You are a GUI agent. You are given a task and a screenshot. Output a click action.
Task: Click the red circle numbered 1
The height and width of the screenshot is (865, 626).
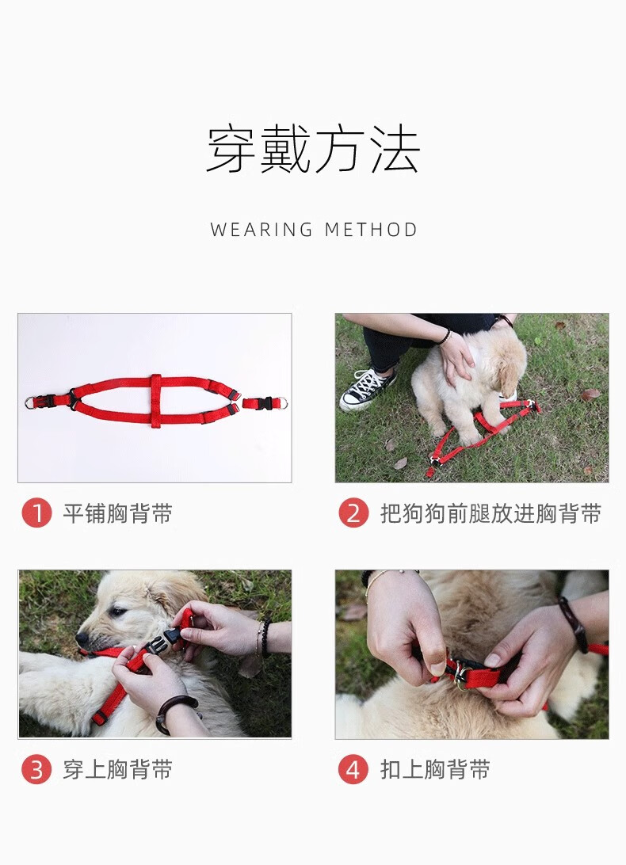(36, 513)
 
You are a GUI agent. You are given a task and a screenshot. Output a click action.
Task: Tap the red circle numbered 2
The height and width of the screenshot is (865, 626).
(353, 513)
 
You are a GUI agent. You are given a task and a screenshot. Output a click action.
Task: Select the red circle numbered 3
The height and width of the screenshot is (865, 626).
(36, 769)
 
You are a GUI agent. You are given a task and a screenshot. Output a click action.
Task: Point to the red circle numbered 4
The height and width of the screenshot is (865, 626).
(353, 769)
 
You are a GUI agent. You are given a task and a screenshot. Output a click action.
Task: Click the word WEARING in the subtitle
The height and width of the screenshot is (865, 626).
(261, 230)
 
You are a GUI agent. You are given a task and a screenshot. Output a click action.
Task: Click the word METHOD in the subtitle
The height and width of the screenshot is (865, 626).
(371, 230)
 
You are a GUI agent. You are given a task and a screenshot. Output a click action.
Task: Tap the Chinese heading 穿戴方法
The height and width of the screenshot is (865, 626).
(313, 149)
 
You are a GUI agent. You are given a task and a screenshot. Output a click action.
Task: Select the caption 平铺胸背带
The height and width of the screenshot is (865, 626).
(117, 513)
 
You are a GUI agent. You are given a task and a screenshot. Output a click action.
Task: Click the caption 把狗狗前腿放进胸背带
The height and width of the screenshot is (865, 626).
(490, 513)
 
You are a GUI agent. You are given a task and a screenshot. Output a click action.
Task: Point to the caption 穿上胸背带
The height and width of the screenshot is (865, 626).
(117, 769)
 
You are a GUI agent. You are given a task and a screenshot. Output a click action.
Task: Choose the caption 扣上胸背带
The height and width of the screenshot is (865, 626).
(435, 769)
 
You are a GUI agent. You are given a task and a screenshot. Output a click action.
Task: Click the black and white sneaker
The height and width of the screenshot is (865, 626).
(367, 388)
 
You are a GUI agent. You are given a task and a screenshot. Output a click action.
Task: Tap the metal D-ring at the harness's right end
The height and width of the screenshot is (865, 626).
(281, 402)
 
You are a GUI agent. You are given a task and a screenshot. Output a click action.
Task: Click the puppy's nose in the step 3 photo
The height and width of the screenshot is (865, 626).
(81, 638)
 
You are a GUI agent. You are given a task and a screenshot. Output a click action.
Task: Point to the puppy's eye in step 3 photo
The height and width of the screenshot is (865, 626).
(117, 612)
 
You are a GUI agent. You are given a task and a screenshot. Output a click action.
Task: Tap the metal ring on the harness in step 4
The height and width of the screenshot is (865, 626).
(461, 678)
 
